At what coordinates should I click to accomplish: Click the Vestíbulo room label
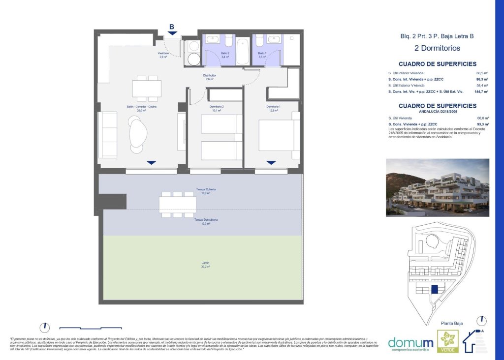pyautogui.click(x=163, y=55)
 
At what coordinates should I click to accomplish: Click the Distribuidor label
pyautogui.click(x=210, y=77)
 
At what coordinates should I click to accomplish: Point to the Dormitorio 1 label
pyautogui.click(x=274, y=108)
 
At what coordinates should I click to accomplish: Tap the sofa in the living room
pyautogui.click(x=107, y=134)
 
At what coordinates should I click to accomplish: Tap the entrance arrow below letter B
pyautogui.click(x=172, y=33)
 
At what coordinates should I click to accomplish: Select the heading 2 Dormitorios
pyautogui.click(x=437, y=48)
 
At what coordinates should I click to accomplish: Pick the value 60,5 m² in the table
pyautogui.click(x=482, y=73)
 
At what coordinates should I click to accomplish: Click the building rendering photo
pyautogui.click(x=438, y=187)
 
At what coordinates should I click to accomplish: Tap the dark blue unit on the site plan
pyautogui.click(x=435, y=290)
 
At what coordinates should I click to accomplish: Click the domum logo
pyautogui.click(x=411, y=342)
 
